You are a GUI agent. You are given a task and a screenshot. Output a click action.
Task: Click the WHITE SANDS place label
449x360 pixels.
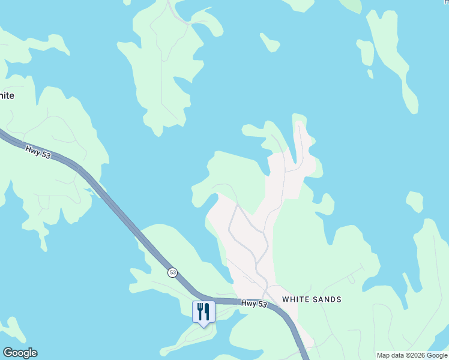pyautogui.click(x=312, y=299)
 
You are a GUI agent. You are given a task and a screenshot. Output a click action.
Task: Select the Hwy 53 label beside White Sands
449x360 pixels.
pyautogui.click(x=253, y=304)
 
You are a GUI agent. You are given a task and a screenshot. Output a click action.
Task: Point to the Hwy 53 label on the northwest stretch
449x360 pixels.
pyautogui.click(x=37, y=151)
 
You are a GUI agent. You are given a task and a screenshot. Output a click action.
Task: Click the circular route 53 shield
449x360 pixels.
pyautogui.click(x=173, y=272)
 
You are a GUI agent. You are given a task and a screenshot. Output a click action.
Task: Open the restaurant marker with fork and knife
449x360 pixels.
pyautogui.click(x=203, y=311)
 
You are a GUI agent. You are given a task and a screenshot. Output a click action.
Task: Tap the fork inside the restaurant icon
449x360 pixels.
pyautogui.click(x=200, y=310)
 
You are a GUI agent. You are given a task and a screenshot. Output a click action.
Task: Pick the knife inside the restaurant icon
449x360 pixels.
pyautogui.click(x=207, y=310)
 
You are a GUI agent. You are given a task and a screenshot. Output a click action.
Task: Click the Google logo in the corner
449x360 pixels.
pyautogui.click(x=20, y=353)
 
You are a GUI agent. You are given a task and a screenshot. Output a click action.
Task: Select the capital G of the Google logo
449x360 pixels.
pyautogui.click(x=8, y=352)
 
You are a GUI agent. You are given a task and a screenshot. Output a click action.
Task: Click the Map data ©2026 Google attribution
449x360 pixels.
pyautogui.click(x=412, y=355)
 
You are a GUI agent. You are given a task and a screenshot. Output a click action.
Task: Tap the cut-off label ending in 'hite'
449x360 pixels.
pyautogui.click(x=7, y=95)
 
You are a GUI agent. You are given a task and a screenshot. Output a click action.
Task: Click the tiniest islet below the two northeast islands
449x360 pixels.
pyautogui.click(x=370, y=74)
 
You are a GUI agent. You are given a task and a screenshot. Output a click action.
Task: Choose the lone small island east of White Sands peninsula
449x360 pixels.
pyautogui.click(x=414, y=202)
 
